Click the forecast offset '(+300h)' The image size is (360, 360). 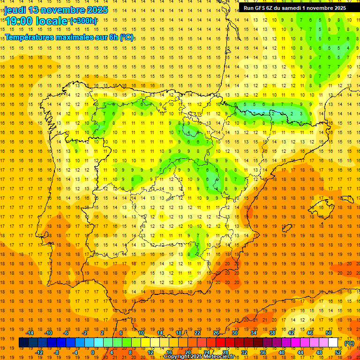(x=83, y=21)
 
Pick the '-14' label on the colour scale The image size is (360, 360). (x=30, y=333)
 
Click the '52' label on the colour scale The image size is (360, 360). (x=338, y=352)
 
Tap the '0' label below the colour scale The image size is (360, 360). (x=93, y=352)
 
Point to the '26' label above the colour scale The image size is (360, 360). (x=216, y=333)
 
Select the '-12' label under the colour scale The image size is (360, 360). (x=39, y=352)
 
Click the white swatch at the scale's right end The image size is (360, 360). (x=333, y=343)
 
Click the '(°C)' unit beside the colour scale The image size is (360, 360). (x=349, y=343)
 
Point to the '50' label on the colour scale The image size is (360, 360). (x=328, y=333)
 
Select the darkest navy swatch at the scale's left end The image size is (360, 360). (x=23, y=343)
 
